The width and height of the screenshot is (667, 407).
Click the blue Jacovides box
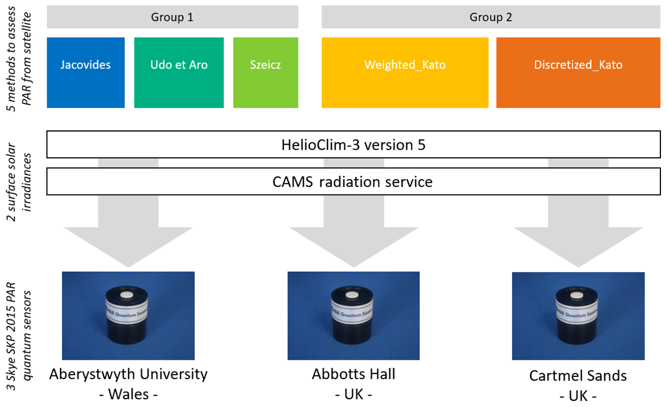pyautogui.click(x=85, y=72)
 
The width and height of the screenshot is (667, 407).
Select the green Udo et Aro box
pyautogui.click(x=179, y=72)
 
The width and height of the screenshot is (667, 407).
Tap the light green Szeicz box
pyautogui.click(x=266, y=72)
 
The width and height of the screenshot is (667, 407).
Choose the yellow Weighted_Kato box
pyautogui.click(x=405, y=72)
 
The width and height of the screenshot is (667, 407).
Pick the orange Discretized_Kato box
pyautogui.click(x=578, y=72)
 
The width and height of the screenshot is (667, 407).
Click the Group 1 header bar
pyautogui.click(x=172, y=18)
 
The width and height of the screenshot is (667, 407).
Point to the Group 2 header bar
pyautogui.click(x=490, y=18)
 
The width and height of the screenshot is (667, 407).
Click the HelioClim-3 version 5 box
pyautogui.click(x=353, y=145)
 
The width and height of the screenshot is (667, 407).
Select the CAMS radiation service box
pyautogui.click(x=353, y=181)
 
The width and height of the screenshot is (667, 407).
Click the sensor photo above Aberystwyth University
pyautogui.click(x=128, y=316)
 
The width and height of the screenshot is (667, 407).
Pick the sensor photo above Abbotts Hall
pyautogui.click(x=353, y=316)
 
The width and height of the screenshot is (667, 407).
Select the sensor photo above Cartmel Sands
pyautogui.click(x=577, y=316)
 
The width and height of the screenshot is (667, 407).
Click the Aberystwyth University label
pyautogui.click(x=129, y=375)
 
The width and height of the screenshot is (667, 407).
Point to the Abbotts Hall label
pyautogui.click(x=353, y=375)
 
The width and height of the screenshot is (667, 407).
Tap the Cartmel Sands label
pyautogui.click(x=578, y=376)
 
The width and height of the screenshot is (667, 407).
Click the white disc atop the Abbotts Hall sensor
pyautogui.click(x=354, y=295)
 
